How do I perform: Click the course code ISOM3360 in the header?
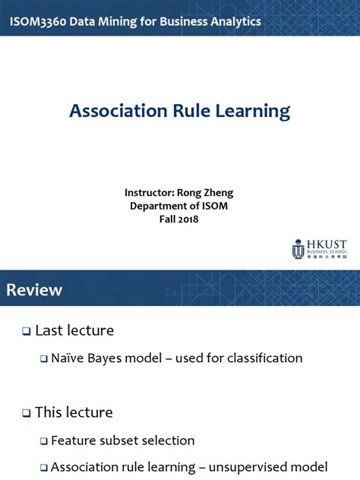tap(34, 21)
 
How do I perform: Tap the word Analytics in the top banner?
tap(232, 21)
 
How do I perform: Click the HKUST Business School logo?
tap(319, 248)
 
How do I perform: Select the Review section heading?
tap(35, 290)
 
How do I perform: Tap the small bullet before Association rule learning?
tap(44, 467)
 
